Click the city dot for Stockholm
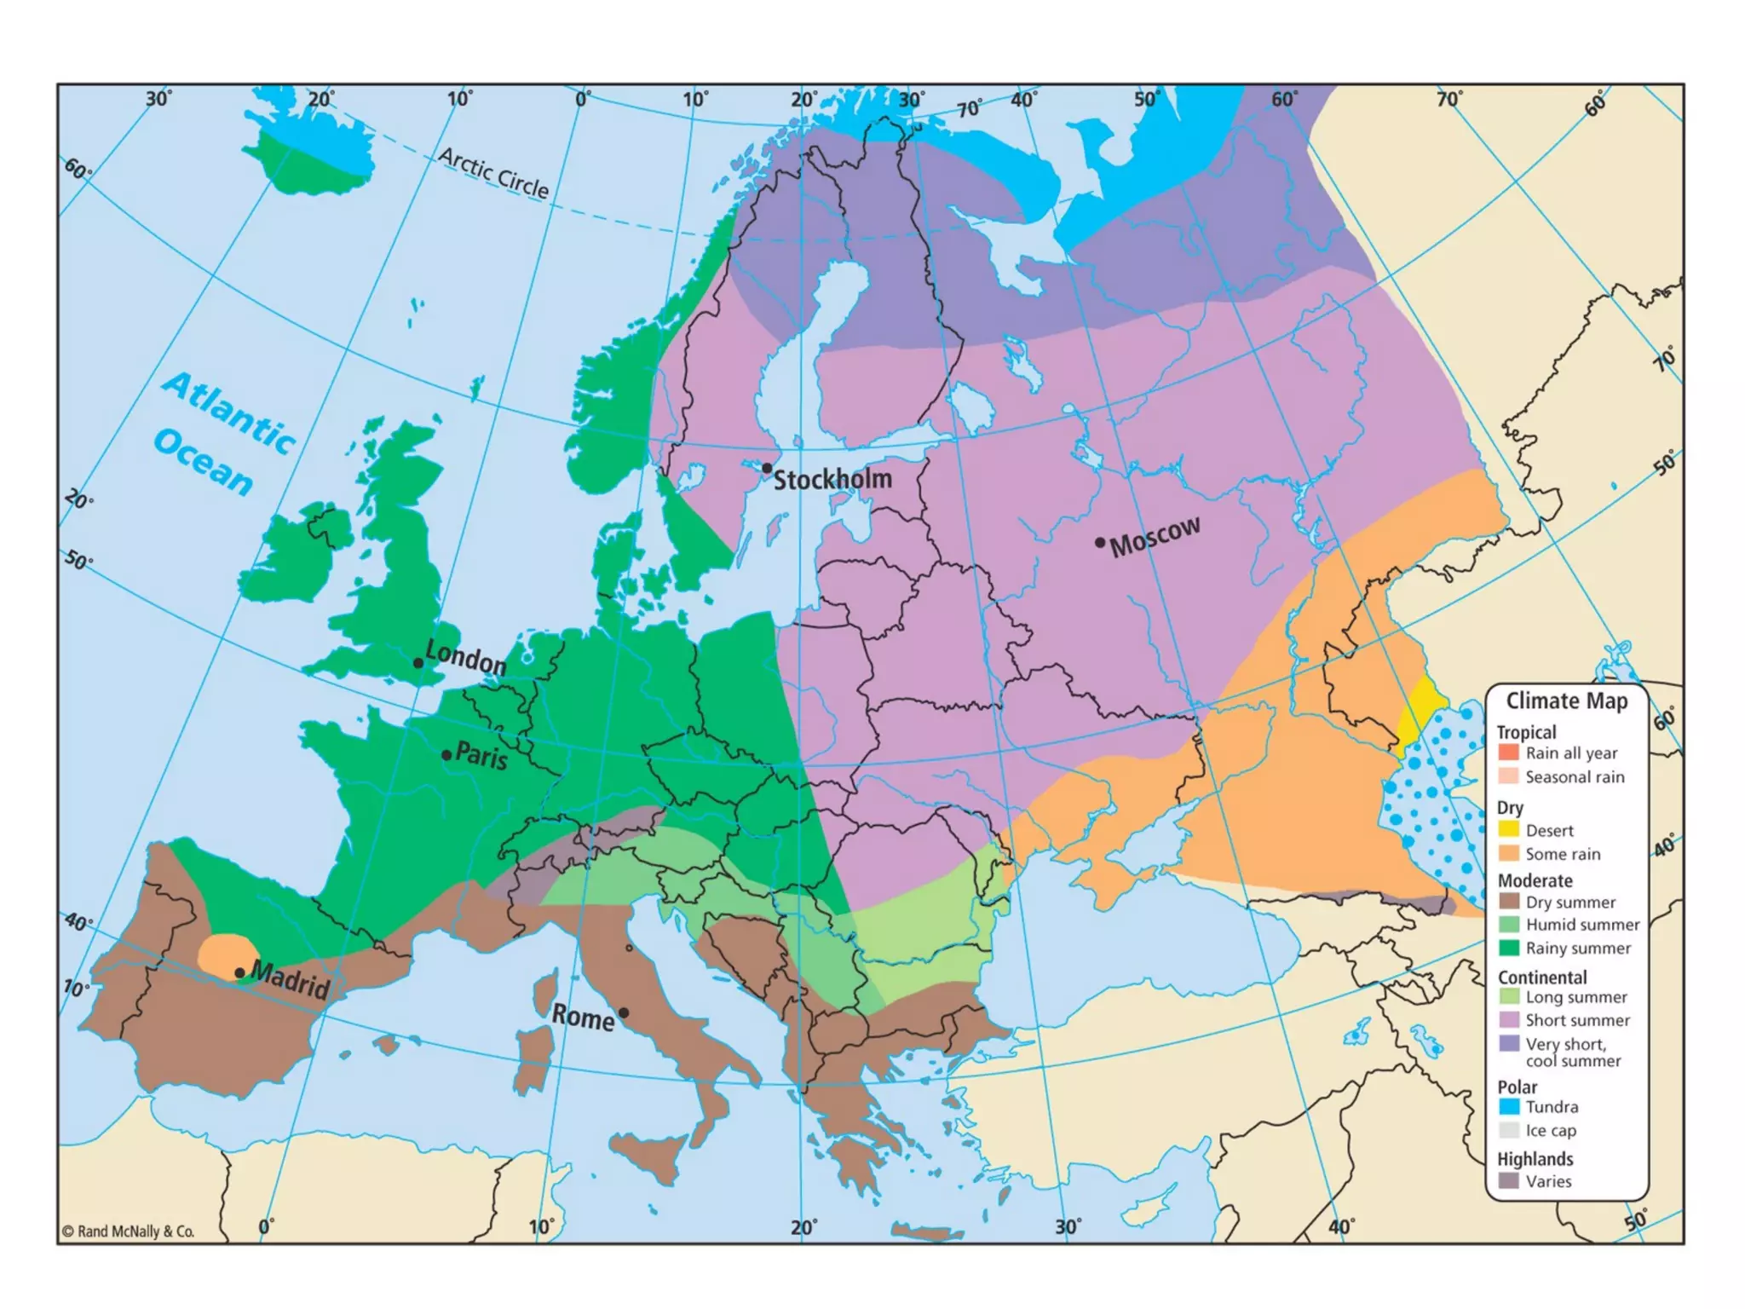pos(767,469)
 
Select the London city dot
pos(418,663)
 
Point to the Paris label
pos(481,755)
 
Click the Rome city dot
pos(624,1012)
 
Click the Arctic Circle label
pos(493,172)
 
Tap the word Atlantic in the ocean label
pos(228,411)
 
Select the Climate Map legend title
pos(1566,701)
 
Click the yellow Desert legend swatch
pos(1509,829)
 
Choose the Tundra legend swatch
pos(1509,1106)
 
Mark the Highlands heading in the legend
pos(1535,1159)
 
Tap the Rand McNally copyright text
pos(128,1231)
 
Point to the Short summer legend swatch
pos(1509,1019)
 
